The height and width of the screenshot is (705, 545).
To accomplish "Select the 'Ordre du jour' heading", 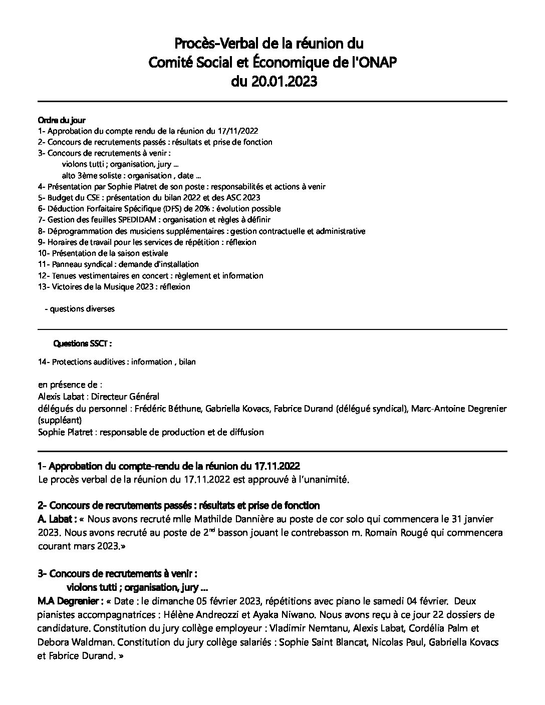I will pyautogui.click(x=62, y=120).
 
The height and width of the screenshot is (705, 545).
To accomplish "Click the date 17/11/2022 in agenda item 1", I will pyautogui.click(x=238, y=131).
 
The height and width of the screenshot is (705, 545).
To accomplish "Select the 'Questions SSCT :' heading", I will pyautogui.click(x=82, y=344).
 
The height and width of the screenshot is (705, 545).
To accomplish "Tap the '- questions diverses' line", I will pyautogui.click(x=80, y=309).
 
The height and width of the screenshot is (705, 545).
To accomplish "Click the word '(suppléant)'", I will pyautogui.click(x=60, y=420).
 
